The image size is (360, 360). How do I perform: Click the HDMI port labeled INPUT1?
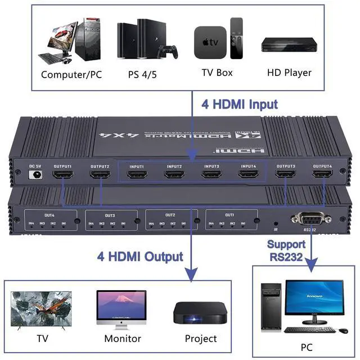(x=137, y=174)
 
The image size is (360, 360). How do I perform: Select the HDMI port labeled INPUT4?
(x=248, y=174)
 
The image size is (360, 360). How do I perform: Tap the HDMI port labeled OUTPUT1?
(x=62, y=175)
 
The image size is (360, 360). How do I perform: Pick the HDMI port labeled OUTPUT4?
(x=322, y=175)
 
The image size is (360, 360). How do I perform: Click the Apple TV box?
(x=210, y=42)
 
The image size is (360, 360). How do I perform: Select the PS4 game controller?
(x=167, y=52)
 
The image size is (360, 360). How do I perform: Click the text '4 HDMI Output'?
(x=139, y=256)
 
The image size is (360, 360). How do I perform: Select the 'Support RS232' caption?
(x=286, y=250)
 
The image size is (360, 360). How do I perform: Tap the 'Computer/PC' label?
(x=71, y=74)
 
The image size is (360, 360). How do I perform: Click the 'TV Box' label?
(x=217, y=73)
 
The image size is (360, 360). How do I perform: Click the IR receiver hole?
(x=275, y=222)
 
